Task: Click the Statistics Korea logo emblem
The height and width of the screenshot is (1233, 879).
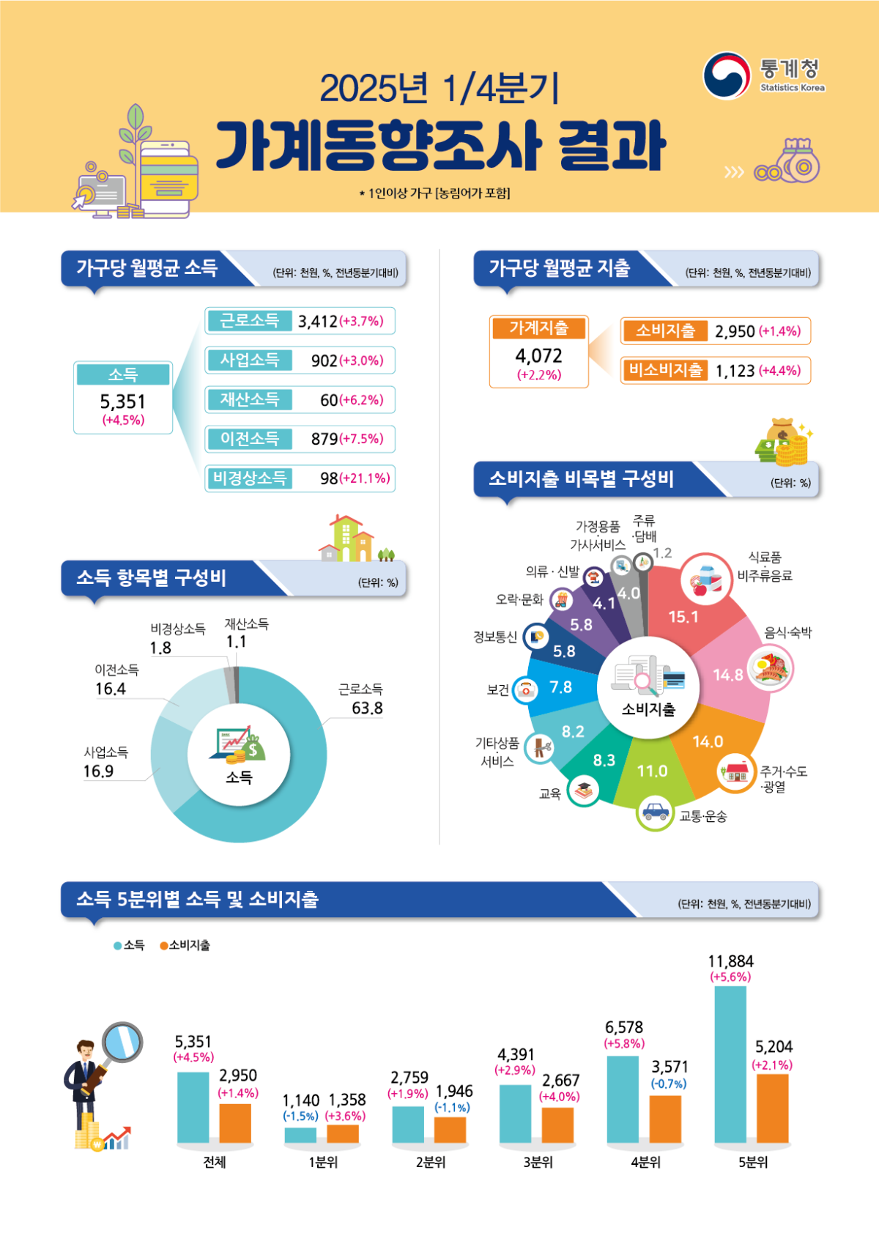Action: click(726, 75)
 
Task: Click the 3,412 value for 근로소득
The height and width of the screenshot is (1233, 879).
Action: click(318, 321)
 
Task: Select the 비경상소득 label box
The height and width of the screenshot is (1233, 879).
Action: click(249, 478)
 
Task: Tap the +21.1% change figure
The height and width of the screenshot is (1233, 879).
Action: click(365, 478)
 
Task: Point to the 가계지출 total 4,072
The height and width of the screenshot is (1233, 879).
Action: click(538, 356)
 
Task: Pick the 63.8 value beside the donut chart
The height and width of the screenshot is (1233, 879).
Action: click(367, 708)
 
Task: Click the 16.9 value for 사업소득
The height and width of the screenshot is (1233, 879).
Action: click(98, 771)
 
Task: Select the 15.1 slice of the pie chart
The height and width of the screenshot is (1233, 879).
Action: click(683, 617)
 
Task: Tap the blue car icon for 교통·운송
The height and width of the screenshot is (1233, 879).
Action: click(655, 812)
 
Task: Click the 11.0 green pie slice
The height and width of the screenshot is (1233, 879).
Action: click(652, 771)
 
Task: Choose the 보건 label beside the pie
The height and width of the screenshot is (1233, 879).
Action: click(497, 690)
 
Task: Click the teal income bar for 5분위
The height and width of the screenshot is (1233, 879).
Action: click(730, 1064)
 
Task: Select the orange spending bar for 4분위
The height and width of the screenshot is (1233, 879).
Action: click(665, 1119)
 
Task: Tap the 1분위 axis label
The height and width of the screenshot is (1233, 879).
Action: click(322, 1162)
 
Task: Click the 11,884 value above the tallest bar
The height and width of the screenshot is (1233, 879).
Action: click(730, 961)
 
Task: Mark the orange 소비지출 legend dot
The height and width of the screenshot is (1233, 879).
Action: click(164, 946)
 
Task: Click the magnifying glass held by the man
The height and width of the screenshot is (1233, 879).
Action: click(122, 1042)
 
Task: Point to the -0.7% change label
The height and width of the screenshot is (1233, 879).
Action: click(669, 1084)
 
